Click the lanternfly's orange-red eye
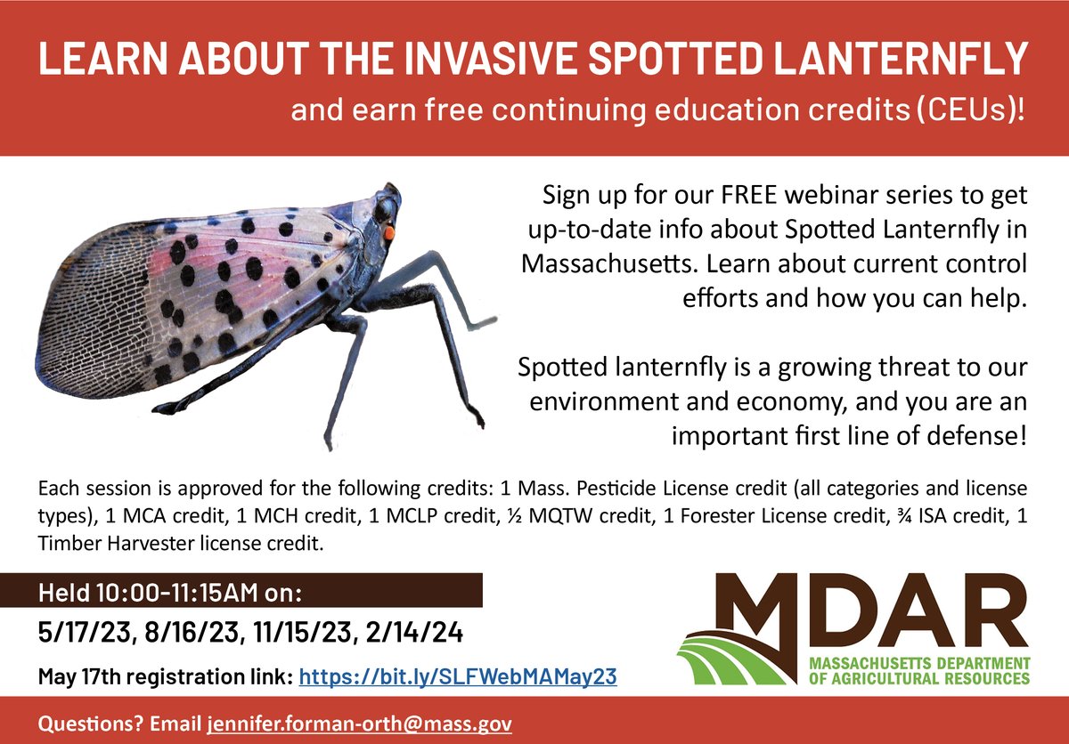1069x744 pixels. pos(388,231)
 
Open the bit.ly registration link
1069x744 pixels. pos(457,677)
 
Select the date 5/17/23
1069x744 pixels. pos(78,633)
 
